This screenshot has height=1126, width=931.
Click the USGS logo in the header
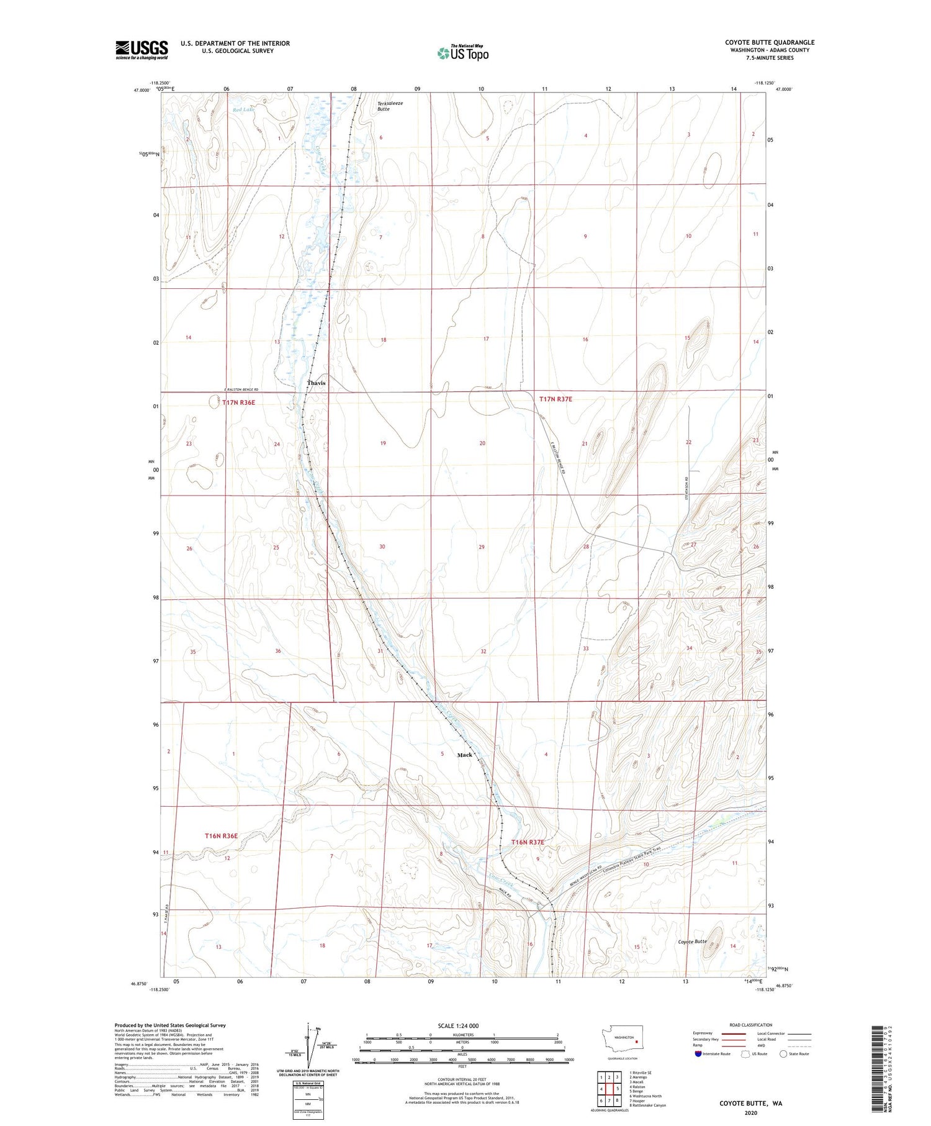[142, 50]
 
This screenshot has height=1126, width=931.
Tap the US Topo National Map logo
[462, 53]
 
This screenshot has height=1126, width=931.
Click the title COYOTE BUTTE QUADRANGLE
[769, 42]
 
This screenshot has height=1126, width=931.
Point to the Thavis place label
[316, 383]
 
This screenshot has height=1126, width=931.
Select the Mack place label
[464, 755]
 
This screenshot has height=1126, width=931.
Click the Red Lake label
[243, 110]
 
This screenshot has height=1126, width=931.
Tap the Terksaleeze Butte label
[390, 106]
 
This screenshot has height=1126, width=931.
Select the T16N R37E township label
[527, 842]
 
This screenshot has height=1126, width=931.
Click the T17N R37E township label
[555, 399]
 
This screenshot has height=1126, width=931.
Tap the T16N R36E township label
[221, 836]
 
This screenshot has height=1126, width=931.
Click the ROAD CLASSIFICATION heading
[750, 1025]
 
